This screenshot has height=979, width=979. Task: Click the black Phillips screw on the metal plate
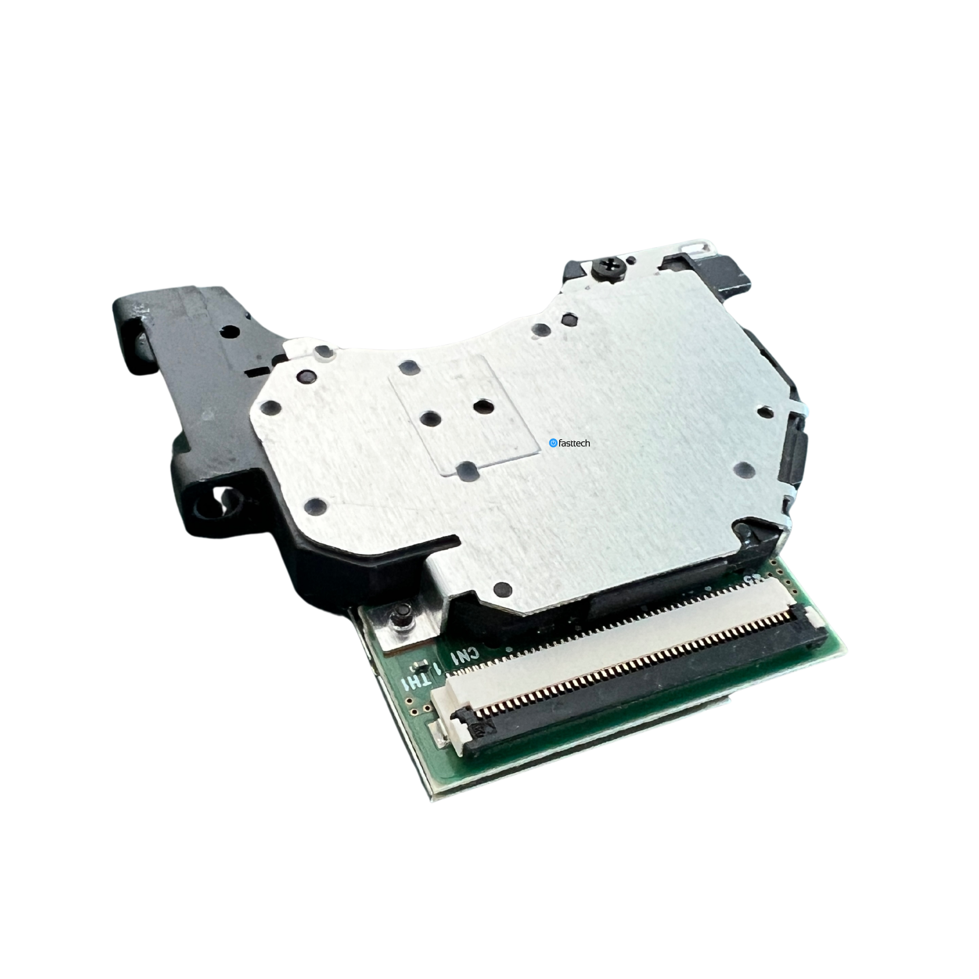(608, 266)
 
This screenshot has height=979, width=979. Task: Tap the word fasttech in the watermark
(574, 443)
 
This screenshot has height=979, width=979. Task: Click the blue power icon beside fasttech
(553, 443)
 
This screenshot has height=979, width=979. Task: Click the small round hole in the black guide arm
(231, 332)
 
